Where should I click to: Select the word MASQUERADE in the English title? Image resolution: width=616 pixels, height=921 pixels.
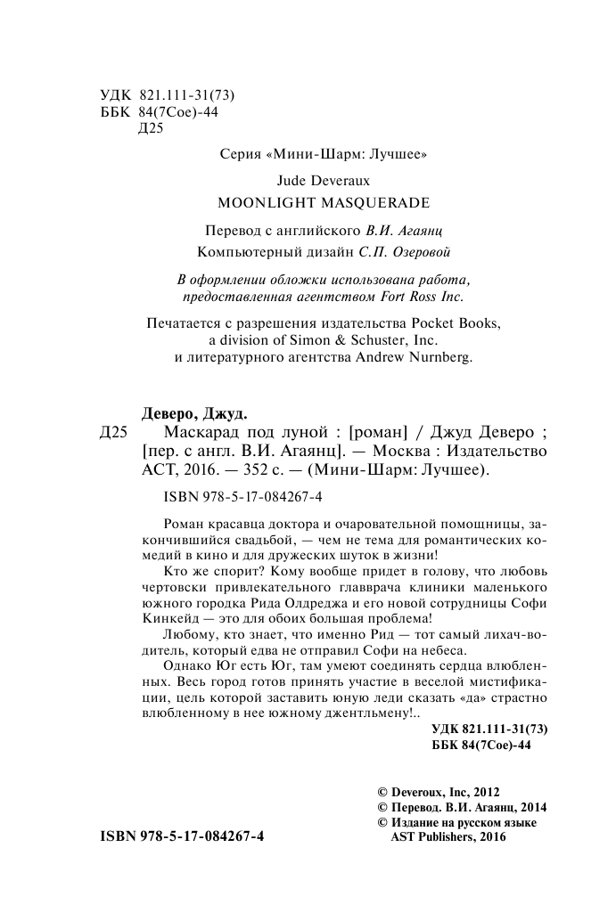[x=369, y=201]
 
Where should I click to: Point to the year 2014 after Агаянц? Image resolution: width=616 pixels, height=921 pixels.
[x=530, y=807]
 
